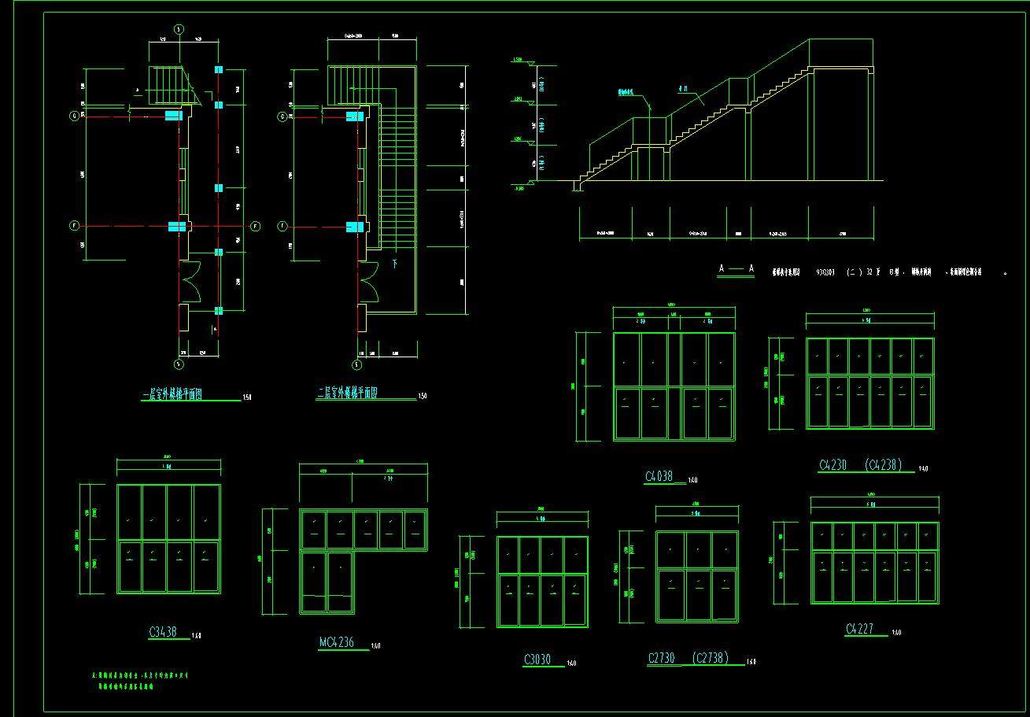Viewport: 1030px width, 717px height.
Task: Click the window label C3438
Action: [162, 631]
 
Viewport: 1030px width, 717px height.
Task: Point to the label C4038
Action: [659, 476]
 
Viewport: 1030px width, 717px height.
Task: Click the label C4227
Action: [862, 629]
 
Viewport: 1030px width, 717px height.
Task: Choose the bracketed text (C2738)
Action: [711, 658]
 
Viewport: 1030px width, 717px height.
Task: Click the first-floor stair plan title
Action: [171, 395]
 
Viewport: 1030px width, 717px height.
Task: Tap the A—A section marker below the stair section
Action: [737, 269]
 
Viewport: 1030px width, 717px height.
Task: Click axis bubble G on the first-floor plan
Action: [75, 116]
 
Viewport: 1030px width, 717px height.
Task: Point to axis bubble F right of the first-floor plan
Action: [255, 227]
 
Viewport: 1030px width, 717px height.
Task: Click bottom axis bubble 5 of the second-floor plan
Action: [356, 364]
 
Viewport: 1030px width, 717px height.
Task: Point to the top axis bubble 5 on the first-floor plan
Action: [179, 29]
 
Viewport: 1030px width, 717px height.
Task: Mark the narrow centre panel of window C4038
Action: [674, 386]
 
